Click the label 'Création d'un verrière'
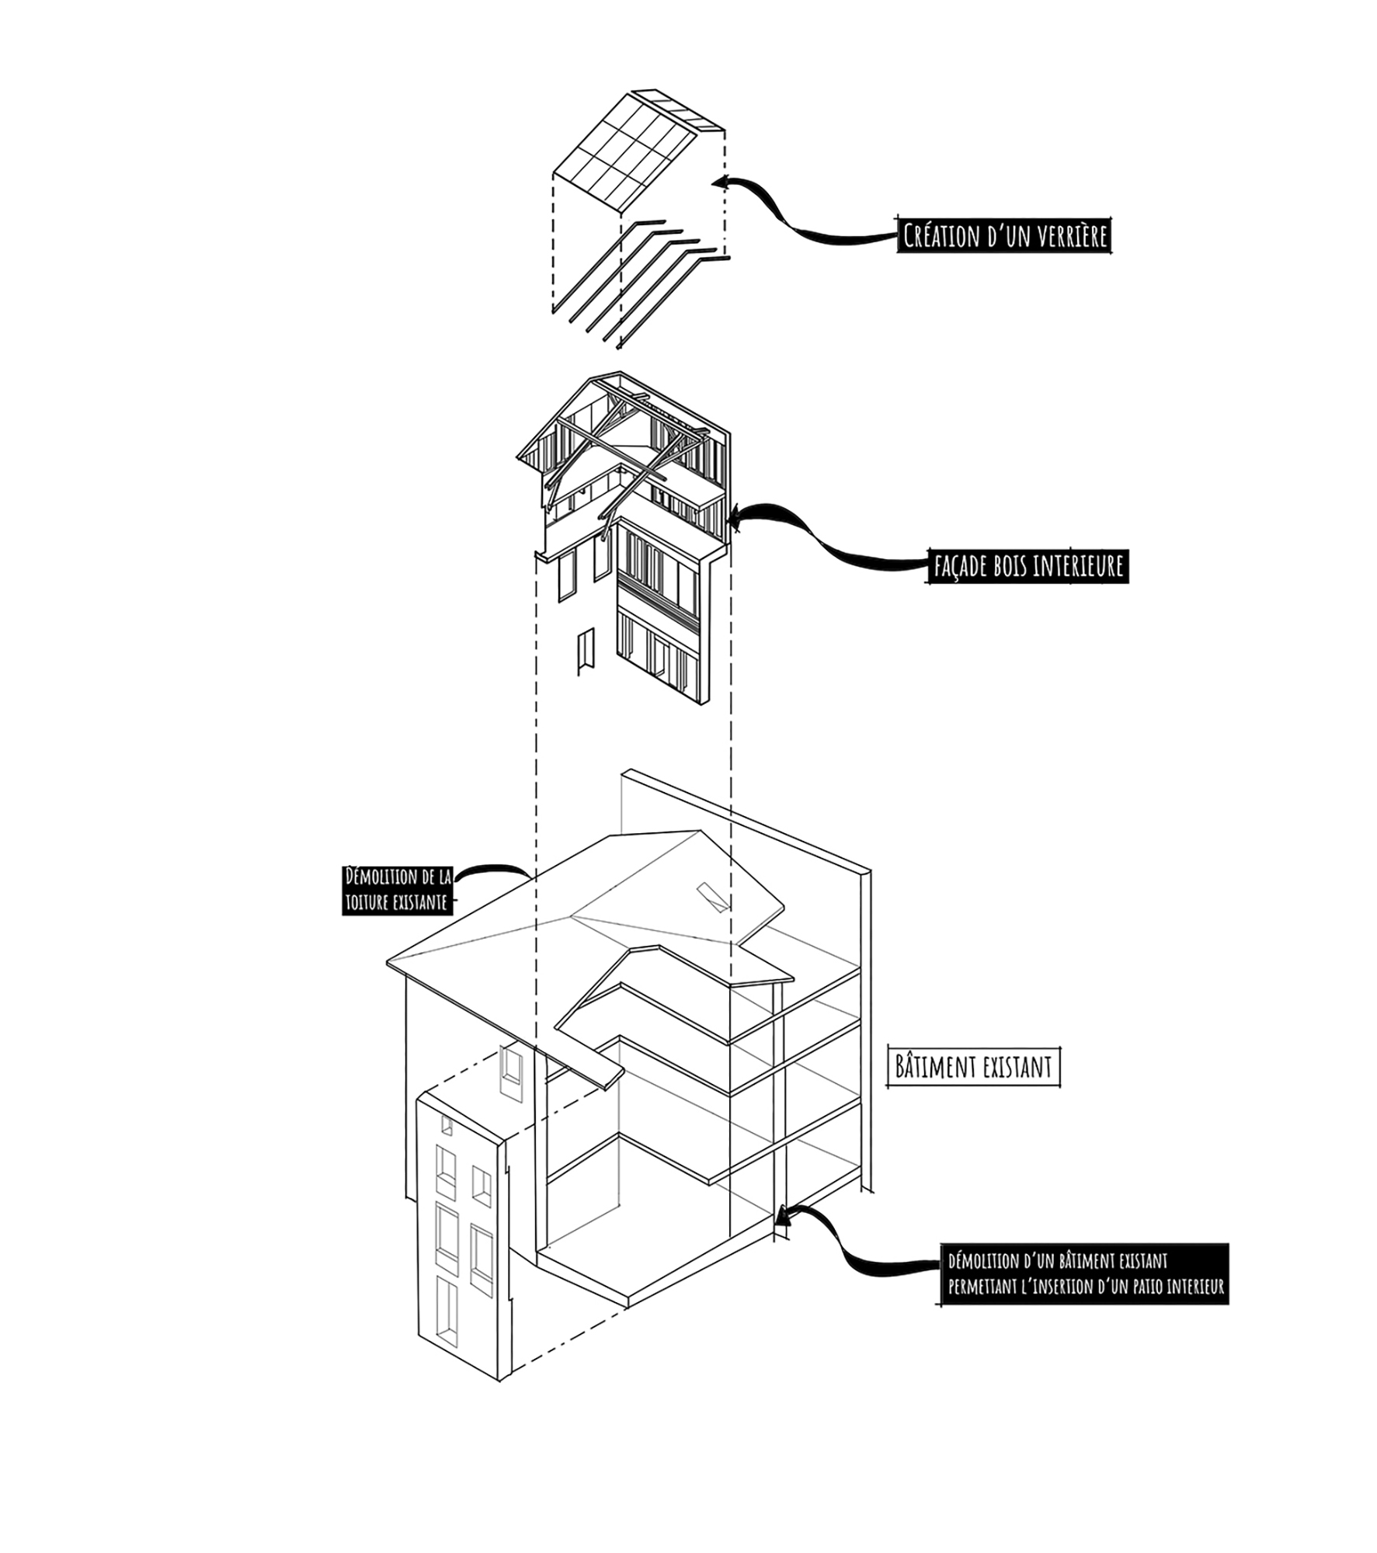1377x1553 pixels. point(1003,235)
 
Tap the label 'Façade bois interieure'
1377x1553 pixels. point(1028,566)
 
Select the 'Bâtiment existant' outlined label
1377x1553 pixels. point(973,1066)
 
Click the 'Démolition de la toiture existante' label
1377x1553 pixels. point(398,889)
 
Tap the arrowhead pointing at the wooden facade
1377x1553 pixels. point(733,516)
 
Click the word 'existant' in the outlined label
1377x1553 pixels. point(1017,1067)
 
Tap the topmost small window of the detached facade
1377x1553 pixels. point(447,1125)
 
